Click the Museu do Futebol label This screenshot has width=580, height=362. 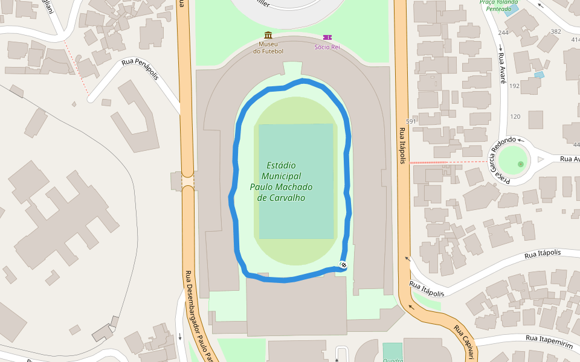click(268, 48)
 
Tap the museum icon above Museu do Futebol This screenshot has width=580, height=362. click(268, 36)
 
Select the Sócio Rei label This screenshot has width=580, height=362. click(327, 47)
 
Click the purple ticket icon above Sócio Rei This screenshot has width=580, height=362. click(327, 37)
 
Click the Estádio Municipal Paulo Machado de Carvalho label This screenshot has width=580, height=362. click(281, 181)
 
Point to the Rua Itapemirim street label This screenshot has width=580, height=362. click(548, 341)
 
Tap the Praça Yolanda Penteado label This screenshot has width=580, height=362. click(499, 5)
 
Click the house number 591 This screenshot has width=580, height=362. click(411, 121)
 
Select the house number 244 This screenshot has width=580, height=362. click(503, 33)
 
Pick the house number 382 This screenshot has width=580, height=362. click(556, 31)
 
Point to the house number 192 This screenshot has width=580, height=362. click(514, 86)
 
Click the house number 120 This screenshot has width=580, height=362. click(515, 116)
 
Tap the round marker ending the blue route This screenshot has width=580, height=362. click(343, 265)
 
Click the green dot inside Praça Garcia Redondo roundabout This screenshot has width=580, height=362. click(521, 164)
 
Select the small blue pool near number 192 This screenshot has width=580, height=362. click(539, 74)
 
